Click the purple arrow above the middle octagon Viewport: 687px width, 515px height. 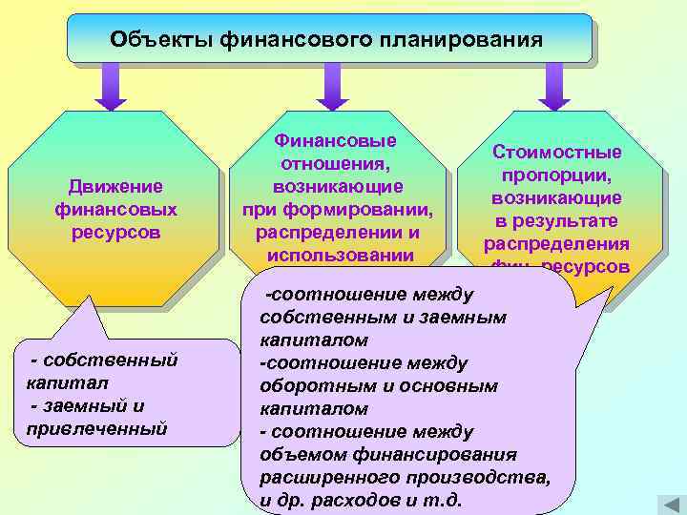(331, 86)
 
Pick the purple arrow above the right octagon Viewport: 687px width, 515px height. (553, 86)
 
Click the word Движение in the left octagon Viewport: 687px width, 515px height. (116, 185)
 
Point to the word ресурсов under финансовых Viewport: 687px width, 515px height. (116, 231)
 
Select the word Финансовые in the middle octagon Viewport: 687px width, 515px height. (336, 140)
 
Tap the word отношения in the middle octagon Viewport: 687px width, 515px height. (336, 163)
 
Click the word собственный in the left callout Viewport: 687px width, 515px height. (118, 360)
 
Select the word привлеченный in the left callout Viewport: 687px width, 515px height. (92, 428)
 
